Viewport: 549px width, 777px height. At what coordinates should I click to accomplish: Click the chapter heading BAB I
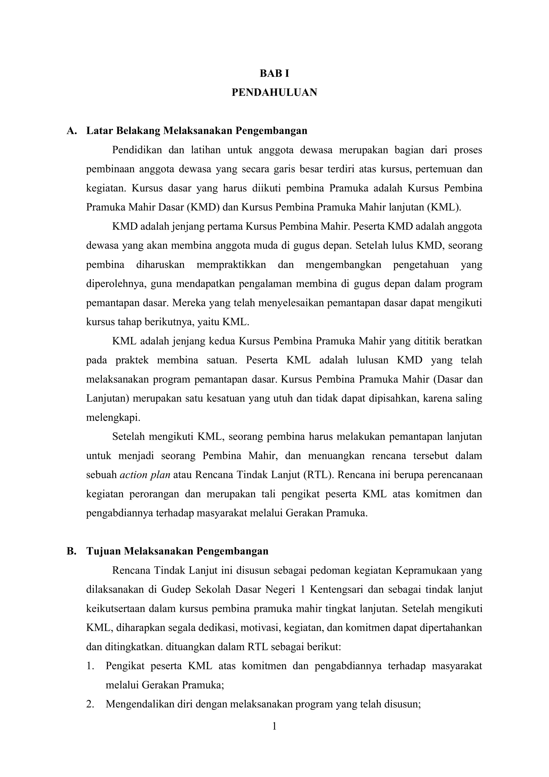pyautogui.click(x=274, y=74)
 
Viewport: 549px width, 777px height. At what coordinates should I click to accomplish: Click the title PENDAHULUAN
pyautogui.click(x=274, y=92)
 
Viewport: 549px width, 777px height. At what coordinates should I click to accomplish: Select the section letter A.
pyautogui.click(x=71, y=131)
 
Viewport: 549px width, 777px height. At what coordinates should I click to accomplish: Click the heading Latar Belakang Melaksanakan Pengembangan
pyautogui.click(x=197, y=131)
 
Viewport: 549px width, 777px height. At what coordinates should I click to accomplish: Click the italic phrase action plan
pyautogui.click(x=145, y=475)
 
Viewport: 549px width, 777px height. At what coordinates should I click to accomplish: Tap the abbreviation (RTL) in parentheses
pyautogui.click(x=318, y=475)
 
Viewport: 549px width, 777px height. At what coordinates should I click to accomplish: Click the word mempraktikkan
pyautogui.click(x=231, y=265)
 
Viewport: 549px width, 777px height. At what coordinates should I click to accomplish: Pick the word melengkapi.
pyautogui.click(x=113, y=417)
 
